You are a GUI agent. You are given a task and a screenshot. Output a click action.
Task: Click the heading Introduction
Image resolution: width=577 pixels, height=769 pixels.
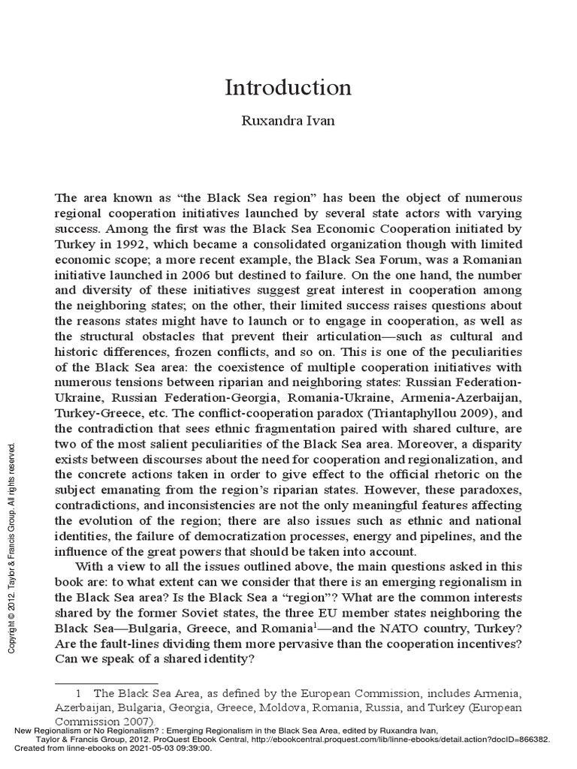(x=288, y=87)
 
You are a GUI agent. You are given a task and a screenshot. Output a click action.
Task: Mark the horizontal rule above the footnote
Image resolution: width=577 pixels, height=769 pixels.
(x=106, y=681)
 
